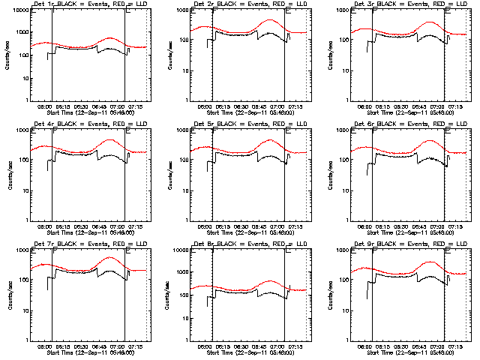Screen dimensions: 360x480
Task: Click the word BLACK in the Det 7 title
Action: pyautogui.click(x=63, y=244)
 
